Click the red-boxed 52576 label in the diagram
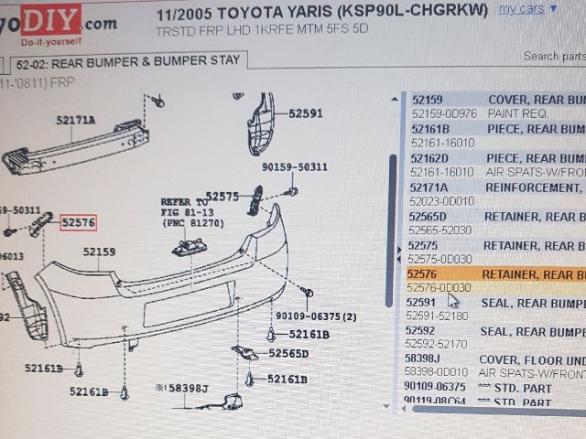click(78, 222)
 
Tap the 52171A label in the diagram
click(75, 120)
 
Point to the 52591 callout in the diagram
click(306, 114)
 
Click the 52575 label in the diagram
click(222, 197)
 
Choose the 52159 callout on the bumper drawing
click(99, 252)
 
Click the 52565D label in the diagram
click(288, 353)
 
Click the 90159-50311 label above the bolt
click(294, 167)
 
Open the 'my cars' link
click(521, 9)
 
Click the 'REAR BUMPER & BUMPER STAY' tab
click(128, 61)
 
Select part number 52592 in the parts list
click(422, 331)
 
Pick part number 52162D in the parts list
click(429, 158)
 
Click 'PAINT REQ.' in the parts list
click(517, 113)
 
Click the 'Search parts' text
click(553, 56)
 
